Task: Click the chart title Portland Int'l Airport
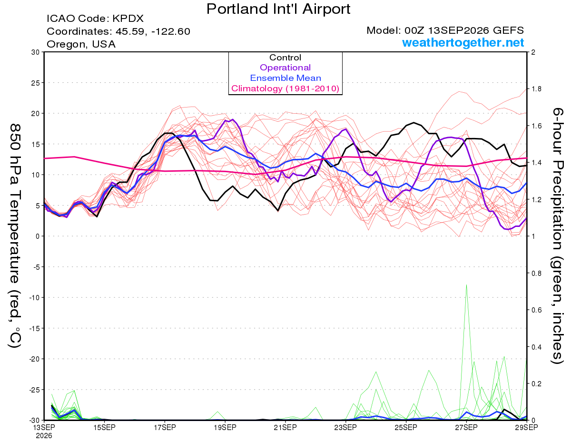coord(278,9)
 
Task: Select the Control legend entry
coord(285,58)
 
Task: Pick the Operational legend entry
coord(285,68)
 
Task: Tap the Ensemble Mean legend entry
coord(285,78)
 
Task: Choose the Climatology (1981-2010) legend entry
coord(285,88)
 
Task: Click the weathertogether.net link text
coord(463,43)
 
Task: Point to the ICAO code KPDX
coord(128,19)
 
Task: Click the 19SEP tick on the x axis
coord(225,428)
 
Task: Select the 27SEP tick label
coord(466,428)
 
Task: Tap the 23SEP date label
coord(345,428)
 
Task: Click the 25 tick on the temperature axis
coord(36,83)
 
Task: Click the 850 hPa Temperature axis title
coord(15,236)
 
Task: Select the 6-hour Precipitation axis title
coord(557,236)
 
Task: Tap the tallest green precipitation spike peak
coord(466,285)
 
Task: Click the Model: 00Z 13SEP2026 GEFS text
coord(445,30)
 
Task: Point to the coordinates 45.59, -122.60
coord(153,31)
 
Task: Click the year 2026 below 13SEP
coord(44,436)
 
